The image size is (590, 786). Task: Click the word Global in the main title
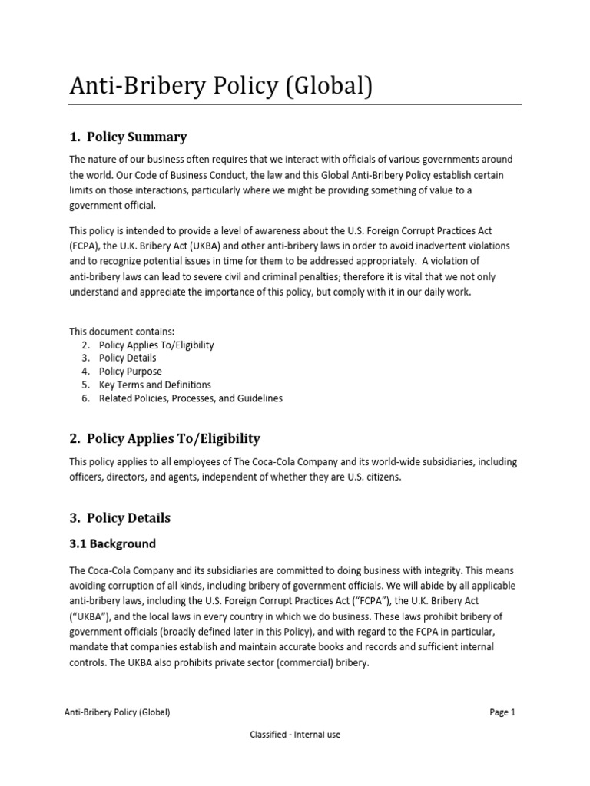click(317, 87)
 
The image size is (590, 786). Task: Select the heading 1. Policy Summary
click(128, 137)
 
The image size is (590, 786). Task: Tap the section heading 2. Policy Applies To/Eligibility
click(164, 439)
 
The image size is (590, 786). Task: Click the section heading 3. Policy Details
click(120, 518)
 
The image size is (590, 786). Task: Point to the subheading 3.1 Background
click(112, 544)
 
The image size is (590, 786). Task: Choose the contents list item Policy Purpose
click(130, 372)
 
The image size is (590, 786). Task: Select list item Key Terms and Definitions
click(155, 385)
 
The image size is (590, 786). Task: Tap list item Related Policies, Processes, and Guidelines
click(191, 398)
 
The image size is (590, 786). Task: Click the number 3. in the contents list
click(86, 358)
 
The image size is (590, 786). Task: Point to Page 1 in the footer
click(502, 712)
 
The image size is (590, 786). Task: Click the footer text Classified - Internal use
click(295, 735)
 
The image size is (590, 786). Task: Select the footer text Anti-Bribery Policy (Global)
click(117, 712)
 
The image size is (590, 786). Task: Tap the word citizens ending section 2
click(382, 477)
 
